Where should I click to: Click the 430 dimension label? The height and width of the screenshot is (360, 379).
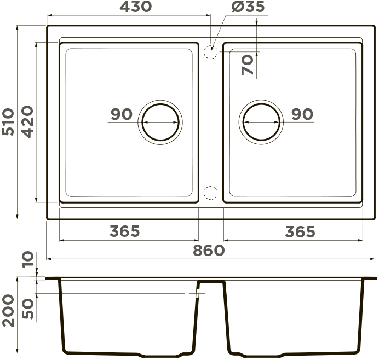click(x=136, y=7)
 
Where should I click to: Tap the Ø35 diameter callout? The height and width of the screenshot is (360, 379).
click(x=248, y=7)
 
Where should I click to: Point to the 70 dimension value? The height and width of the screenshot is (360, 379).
click(x=248, y=65)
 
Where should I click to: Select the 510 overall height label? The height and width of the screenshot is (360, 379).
click(x=8, y=122)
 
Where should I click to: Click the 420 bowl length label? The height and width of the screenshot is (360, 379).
click(x=27, y=121)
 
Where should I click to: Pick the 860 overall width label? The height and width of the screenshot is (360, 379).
click(x=209, y=251)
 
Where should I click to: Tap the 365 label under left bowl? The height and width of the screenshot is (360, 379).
click(x=125, y=231)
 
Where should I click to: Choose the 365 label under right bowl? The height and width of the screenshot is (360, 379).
click(x=300, y=232)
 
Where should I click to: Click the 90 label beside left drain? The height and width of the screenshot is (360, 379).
click(x=122, y=114)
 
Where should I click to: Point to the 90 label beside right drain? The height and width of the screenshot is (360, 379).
click(x=302, y=114)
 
